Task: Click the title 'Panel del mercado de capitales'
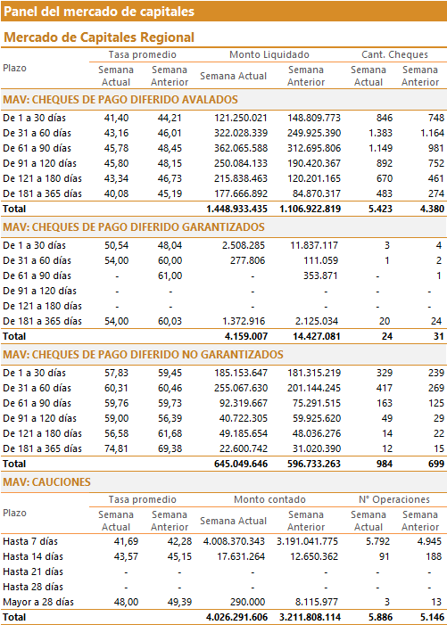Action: (99, 12)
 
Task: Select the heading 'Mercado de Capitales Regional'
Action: (99, 37)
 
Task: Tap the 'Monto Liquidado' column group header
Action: (269, 54)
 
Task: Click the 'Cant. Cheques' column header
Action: (394, 54)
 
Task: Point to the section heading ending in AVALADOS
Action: (120, 100)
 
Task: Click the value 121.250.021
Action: (240, 118)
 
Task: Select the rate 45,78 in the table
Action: (117, 148)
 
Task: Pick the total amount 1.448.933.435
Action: (236, 209)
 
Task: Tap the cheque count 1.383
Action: (380, 133)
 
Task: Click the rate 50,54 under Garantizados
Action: (117, 245)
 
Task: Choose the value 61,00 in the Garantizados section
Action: (170, 275)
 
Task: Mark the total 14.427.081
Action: (317, 336)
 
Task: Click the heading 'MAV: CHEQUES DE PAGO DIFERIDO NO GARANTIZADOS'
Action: (143, 355)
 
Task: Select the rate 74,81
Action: (117, 448)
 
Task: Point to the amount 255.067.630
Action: (241, 388)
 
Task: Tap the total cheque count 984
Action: (385, 464)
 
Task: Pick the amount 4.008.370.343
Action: (234, 542)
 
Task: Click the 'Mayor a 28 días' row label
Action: (38, 603)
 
